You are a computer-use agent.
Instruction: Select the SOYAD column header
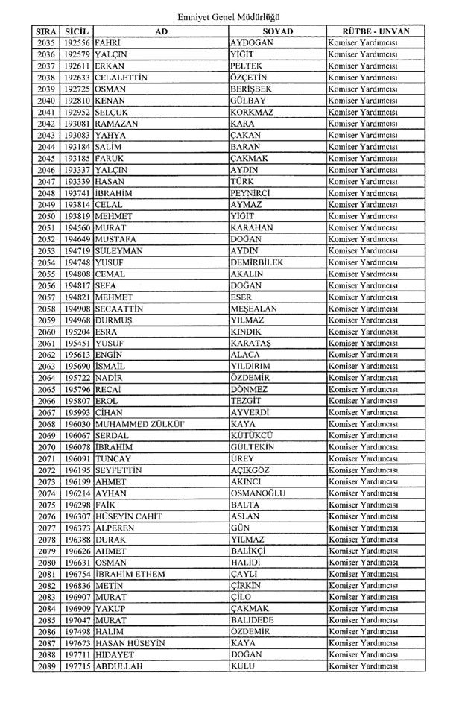tap(277, 31)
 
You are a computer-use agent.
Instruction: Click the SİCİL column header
tap(77, 31)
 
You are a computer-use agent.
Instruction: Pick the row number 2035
tap(46, 43)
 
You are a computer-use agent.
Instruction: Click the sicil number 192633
tap(77, 78)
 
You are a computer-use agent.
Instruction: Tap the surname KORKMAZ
tap(253, 113)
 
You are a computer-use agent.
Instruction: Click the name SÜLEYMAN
tap(118, 251)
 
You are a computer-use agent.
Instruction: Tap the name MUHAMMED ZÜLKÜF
tap(140, 424)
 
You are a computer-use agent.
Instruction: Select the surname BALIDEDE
tap(252, 620)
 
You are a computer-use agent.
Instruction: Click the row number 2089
tap(46, 666)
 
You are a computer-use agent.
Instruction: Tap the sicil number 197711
tap(77, 654)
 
